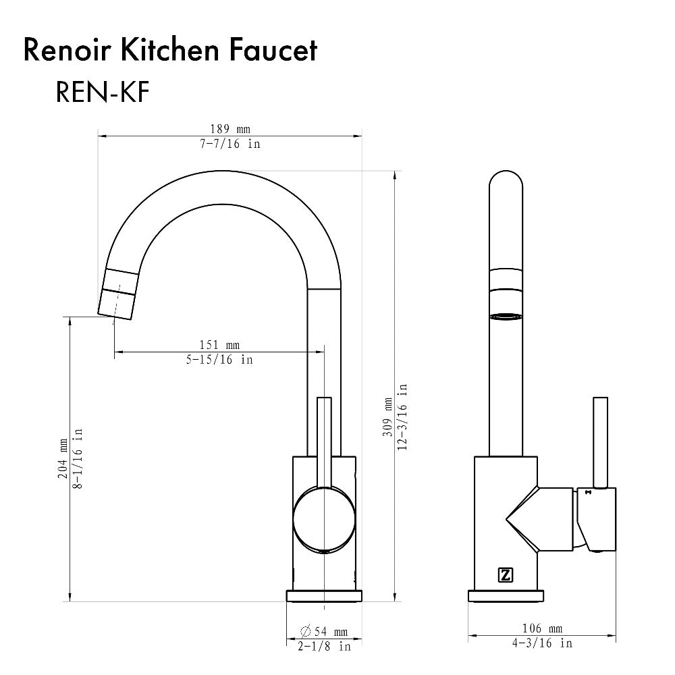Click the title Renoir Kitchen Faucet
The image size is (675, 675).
pos(170,51)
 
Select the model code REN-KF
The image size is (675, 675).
pos(102,92)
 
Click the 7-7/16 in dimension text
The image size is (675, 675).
pos(229,144)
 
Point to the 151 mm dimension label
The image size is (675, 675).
pos(219,345)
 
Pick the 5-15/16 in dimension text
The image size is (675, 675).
pos(219,360)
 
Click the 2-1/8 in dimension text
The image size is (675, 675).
pos(323,647)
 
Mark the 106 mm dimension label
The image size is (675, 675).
pos(541,628)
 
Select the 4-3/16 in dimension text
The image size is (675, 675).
pos(541,643)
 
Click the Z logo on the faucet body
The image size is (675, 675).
pos(504,575)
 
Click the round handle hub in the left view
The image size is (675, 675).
pos(324,520)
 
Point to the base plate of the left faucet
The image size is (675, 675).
pos(324,596)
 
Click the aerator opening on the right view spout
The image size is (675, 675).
pos(506,315)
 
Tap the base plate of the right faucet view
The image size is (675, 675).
pos(506,596)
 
